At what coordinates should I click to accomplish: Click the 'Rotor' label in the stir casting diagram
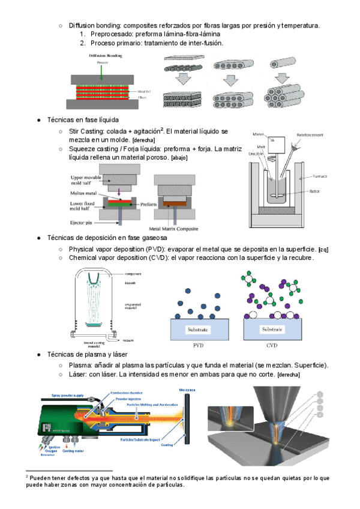[314, 192]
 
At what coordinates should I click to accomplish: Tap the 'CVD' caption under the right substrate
[272, 346]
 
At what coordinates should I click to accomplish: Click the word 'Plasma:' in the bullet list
[81, 366]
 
